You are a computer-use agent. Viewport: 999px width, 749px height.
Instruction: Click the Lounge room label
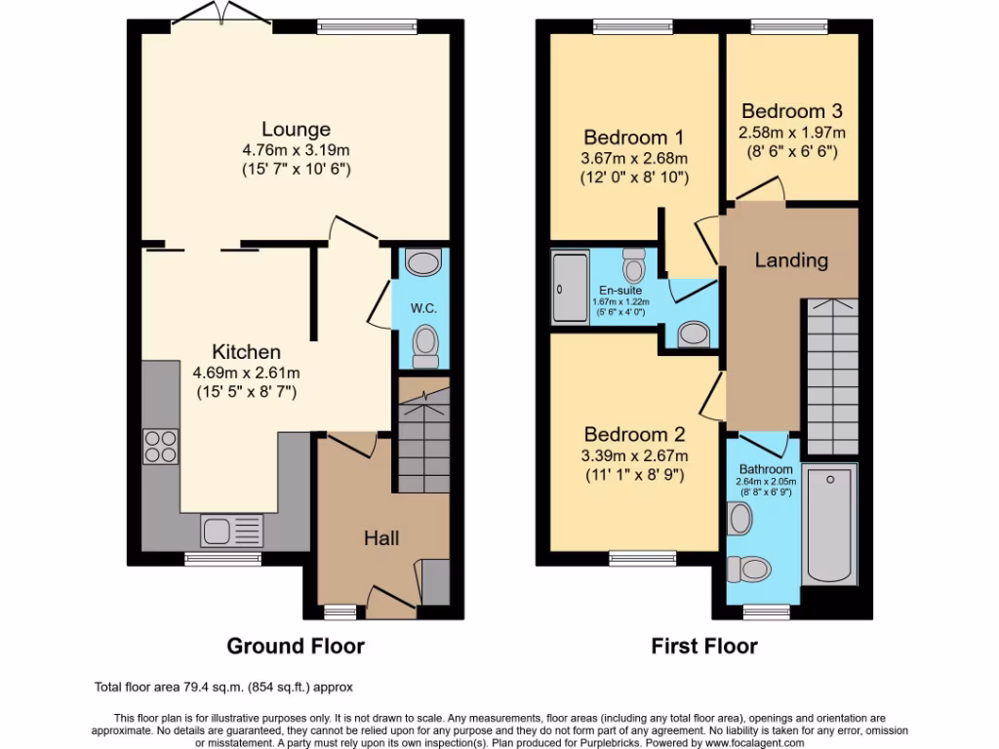pyautogui.click(x=296, y=129)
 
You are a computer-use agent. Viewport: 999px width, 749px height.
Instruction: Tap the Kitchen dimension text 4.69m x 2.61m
pyautogui.click(x=246, y=373)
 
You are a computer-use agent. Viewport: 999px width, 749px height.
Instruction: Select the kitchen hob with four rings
pyautogui.click(x=161, y=446)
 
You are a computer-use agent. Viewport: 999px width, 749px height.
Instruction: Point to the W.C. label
pyautogui.click(x=422, y=308)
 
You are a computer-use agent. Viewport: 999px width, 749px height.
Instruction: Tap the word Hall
pyautogui.click(x=381, y=537)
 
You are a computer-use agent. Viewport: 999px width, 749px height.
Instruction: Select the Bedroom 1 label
pyautogui.click(x=634, y=138)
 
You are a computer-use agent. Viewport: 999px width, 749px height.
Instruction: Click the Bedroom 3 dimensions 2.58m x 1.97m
pyautogui.click(x=791, y=132)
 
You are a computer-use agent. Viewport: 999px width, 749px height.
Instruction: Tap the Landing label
pyautogui.click(x=791, y=260)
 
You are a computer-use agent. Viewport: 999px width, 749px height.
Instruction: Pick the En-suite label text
pyautogui.click(x=621, y=290)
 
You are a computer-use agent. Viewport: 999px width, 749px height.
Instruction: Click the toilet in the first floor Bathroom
pyautogui.click(x=751, y=567)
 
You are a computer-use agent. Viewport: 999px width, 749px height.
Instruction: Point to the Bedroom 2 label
pyautogui.click(x=634, y=435)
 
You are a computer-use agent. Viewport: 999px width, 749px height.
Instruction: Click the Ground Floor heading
pyautogui.click(x=296, y=646)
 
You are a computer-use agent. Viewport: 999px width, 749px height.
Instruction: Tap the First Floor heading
pyautogui.click(x=703, y=646)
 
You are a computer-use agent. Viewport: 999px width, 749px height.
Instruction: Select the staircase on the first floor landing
pyautogui.click(x=831, y=371)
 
